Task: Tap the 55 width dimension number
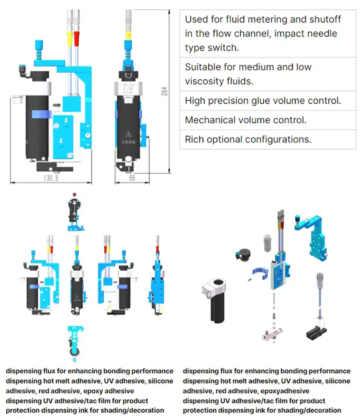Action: click(131, 178)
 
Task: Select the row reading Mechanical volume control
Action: click(246, 120)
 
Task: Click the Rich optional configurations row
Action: click(248, 139)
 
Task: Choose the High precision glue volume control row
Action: click(263, 101)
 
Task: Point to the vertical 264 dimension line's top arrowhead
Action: click(170, 9)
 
